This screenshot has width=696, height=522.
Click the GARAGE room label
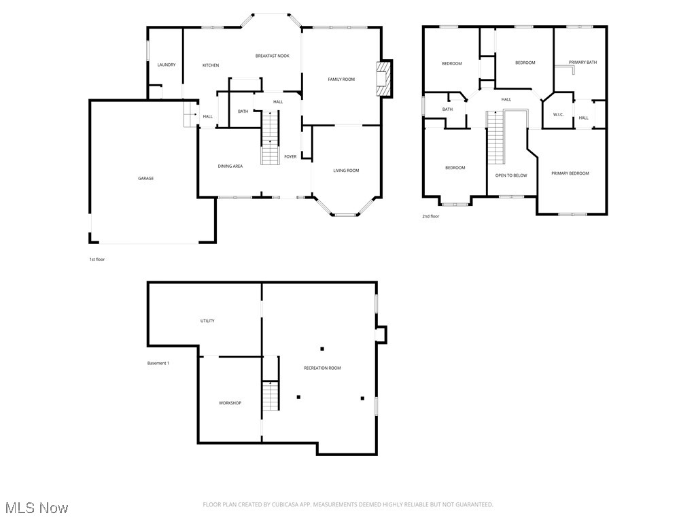pos(145,179)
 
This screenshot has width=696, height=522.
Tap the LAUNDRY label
pos(167,65)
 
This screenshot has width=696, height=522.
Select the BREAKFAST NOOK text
pos(272,56)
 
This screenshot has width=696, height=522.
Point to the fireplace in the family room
pos(384,80)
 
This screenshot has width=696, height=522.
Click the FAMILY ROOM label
pos(341,80)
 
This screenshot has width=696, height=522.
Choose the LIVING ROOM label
pos(346,171)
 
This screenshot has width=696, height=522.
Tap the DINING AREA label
pos(230,166)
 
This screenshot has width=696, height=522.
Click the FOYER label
pos(290,157)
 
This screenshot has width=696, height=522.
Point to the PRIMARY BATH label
pos(582,63)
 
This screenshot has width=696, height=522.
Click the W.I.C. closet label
pos(559,114)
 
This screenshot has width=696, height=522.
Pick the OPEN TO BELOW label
pos(511,175)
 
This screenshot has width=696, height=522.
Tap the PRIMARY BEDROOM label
pos(570,173)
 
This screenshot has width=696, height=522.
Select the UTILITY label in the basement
pos(207,321)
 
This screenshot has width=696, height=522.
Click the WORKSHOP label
pos(230,403)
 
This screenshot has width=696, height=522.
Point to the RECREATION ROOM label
pos(322,368)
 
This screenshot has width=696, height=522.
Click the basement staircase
pos(271,395)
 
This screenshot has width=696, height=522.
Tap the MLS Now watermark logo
pos(37,508)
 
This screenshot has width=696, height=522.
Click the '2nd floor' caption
pos(431,217)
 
